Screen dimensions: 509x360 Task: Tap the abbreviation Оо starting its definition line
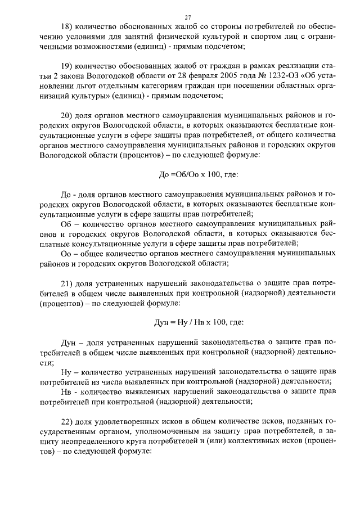(x=66, y=254)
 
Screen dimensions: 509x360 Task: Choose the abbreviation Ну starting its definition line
(x=66, y=372)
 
